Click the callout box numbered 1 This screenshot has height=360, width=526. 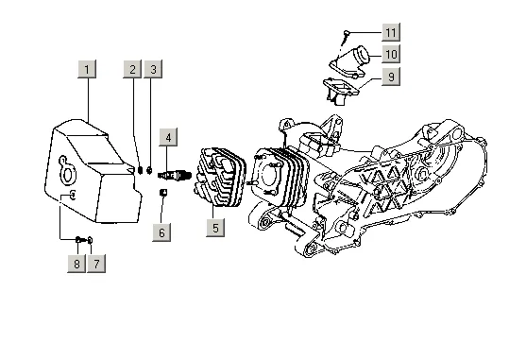click(87, 69)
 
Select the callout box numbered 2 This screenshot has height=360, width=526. click(132, 69)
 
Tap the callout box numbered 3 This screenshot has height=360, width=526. click(153, 69)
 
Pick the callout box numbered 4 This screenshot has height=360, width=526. click(168, 137)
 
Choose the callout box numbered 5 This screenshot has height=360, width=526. click(215, 228)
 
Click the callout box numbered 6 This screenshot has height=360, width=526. click(161, 232)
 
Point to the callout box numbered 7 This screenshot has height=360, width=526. click(96, 264)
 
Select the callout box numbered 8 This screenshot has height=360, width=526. click(76, 264)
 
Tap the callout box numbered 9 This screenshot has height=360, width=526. click(391, 77)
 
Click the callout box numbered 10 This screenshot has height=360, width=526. click(391, 54)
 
